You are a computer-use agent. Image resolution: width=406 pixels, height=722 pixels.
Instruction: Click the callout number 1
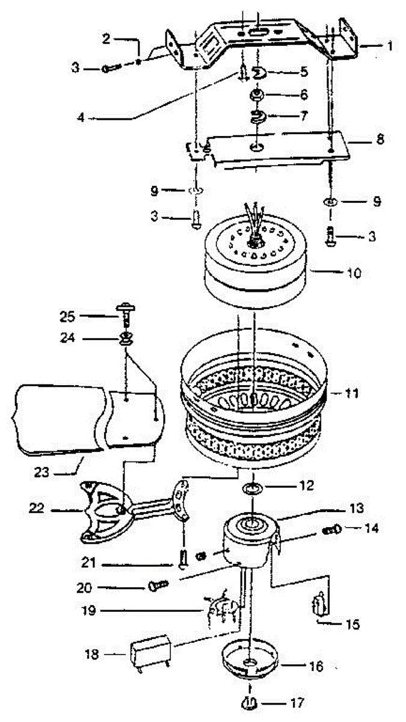[x=390, y=45]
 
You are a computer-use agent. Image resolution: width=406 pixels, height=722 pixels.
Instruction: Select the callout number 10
[x=354, y=273]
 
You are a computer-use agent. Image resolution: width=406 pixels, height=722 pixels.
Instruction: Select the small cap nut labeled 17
[x=253, y=702]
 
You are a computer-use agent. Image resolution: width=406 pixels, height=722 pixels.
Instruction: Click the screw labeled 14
[x=331, y=530]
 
